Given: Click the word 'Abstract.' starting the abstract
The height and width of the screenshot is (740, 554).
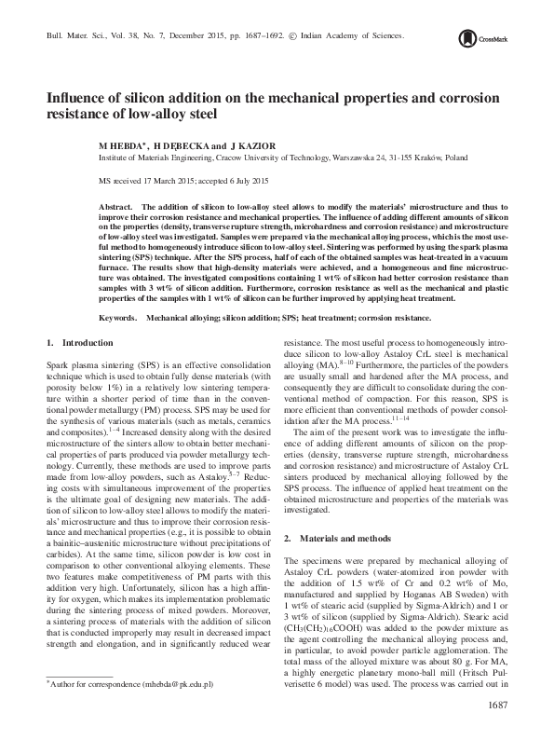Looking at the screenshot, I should (x=116, y=203).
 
